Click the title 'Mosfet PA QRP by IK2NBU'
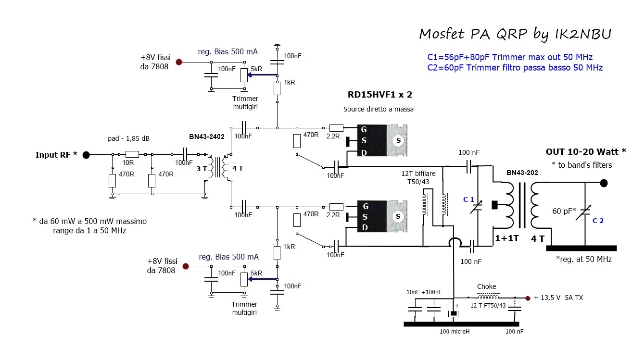515,34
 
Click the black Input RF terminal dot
86,155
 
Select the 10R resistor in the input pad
132,155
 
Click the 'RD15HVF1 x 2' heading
379,94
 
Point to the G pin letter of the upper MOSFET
365,129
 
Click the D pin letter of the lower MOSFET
365,227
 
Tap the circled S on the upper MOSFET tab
397,140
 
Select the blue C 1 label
468,199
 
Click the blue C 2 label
598,221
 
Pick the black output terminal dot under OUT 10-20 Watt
604,183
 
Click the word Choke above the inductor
486,287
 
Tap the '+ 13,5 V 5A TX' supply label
558,298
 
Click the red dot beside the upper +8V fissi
179,62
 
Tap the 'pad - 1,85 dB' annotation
128,139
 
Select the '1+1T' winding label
507,238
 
